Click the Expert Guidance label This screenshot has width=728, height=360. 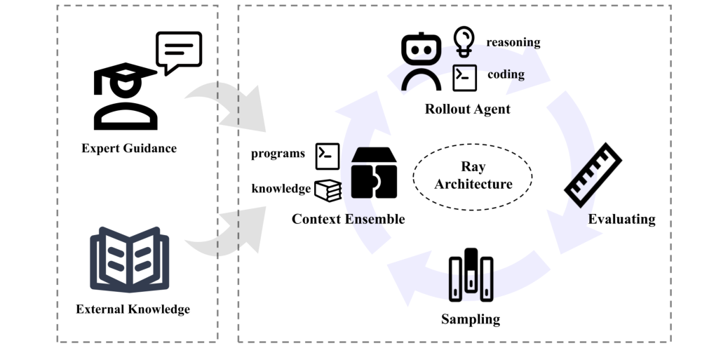click(x=129, y=148)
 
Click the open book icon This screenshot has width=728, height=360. click(x=130, y=259)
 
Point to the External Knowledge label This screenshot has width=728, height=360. click(x=133, y=309)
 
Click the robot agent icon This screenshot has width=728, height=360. click(x=421, y=62)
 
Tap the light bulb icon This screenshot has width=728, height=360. click(x=464, y=41)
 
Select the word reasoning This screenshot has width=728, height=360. click(x=513, y=42)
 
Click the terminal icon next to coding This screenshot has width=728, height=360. click(x=464, y=78)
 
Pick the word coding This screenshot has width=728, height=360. click(x=506, y=74)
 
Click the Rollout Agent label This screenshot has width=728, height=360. click(x=467, y=109)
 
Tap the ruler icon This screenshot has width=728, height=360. click(x=593, y=175)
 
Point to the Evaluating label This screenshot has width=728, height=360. click(x=621, y=219)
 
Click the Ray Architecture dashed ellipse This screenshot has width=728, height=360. click(x=472, y=176)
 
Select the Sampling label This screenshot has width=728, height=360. click(x=471, y=319)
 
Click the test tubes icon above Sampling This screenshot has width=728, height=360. click(x=471, y=276)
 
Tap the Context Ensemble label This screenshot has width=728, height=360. click(x=348, y=219)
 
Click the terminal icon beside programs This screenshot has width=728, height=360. click(x=328, y=156)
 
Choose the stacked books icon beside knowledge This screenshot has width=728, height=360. click(x=328, y=190)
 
